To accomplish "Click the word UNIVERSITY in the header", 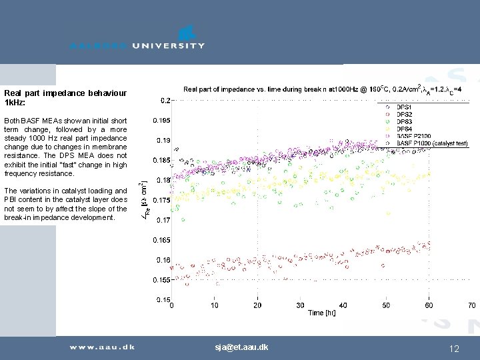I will tap(168, 46).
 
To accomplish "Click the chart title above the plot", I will tap(325, 89).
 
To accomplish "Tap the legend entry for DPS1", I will tap(404, 107).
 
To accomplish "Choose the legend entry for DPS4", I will tap(404, 129).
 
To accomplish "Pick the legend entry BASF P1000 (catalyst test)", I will tap(432, 143).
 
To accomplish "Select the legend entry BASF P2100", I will tap(414, 136).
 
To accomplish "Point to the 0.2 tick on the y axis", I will tap(165, 101).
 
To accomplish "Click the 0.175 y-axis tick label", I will tap(161, 200).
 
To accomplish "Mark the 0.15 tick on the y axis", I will tap(163, 300).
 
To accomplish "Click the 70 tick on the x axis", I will tap(471, 306).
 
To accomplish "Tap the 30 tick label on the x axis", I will tap(300, 306).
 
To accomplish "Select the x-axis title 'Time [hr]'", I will tap(321, 313).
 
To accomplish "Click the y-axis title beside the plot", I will tap(146, 200).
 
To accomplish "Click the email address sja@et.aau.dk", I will tap(241, 347).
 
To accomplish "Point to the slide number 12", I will tap(455, 348).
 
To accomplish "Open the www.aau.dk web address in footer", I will tap(102, 347).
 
